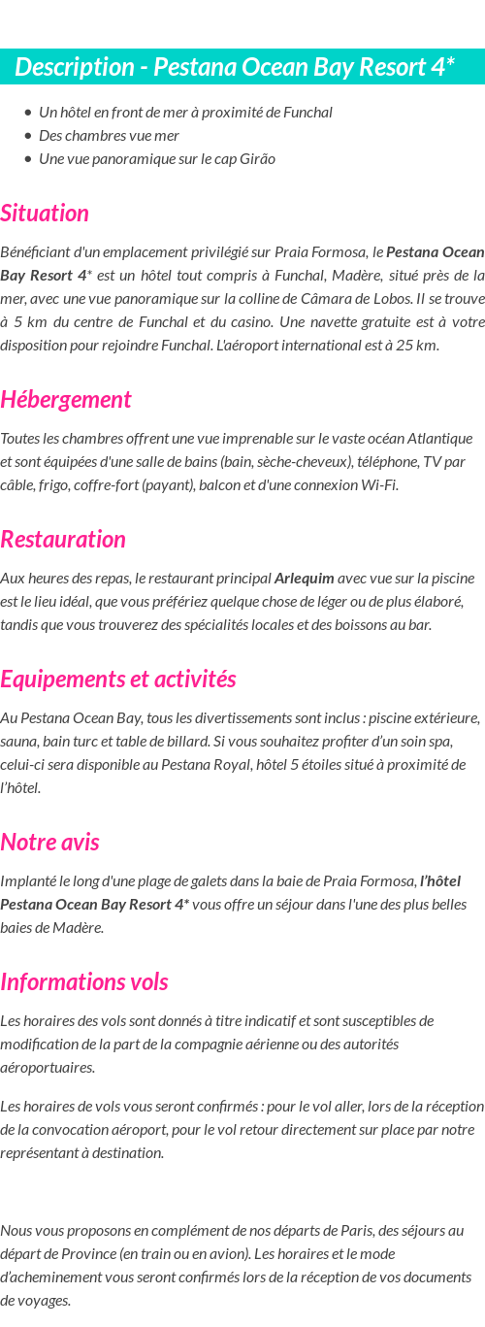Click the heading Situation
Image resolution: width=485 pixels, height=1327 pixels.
click(45, 213)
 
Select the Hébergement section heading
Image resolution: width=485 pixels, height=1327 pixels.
click(66, 399)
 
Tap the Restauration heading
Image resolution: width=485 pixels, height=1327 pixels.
click(63, 539)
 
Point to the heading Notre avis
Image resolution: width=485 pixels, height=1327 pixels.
click(49, 842)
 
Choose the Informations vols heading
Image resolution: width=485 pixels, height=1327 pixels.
click(84, 981)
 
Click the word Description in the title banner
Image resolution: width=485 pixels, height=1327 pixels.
click(75, 67)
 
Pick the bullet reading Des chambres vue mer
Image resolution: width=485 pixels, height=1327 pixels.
click(109, 135)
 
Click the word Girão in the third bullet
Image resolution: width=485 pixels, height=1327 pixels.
click(257, 158)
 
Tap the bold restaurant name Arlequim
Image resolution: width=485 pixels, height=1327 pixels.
click(304, 578)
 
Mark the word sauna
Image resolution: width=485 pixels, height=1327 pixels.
click(19, 741)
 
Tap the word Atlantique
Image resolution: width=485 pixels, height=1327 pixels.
click(437, 438)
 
